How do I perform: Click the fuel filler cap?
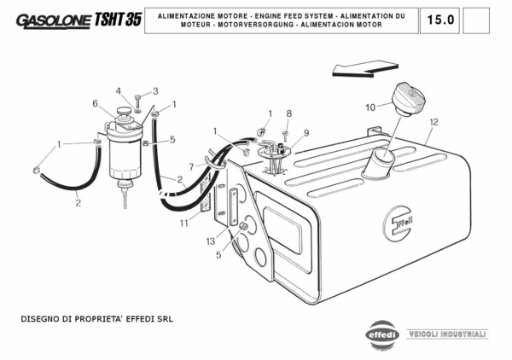pyautogui.click(x=409, y=99)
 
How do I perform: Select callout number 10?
pyautogui.click(x=370, y=107)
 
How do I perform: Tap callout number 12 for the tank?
pyautogui.click(x=433, y=122)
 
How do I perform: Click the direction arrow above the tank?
pyautogui.click(x=365, y=68)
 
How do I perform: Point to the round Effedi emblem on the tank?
pyautogui.click(x=399, y=224)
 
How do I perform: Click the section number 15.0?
pyautogui.click(x=440, y=20)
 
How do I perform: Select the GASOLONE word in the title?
pyautogui.click(x=54, y=20)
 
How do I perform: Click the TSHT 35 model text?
pyautogui.click(x=118, y=20)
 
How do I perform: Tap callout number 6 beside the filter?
pyautogui.click(x=95, y=103)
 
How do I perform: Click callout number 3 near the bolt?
pyautogui.click(x=155, y=91)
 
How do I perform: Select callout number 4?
pyautogui.click(x=119, y=91)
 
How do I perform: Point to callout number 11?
pyautogui.click(x=184, y=223)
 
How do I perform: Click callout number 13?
pyautogui.click(x=211, y=241)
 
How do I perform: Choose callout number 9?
pyautogui.click(x=306, y=133)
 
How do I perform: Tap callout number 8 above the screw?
pyautogui.click(x=289, y=113)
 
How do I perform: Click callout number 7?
pyautogui.click(x=191, y=167)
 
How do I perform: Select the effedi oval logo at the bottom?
pyautogui.click(x=382, y=335)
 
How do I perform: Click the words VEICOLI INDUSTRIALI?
pyautogui.click(x=447, y=334)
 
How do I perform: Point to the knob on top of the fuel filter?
pyautogui.click(x=124, y=111)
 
